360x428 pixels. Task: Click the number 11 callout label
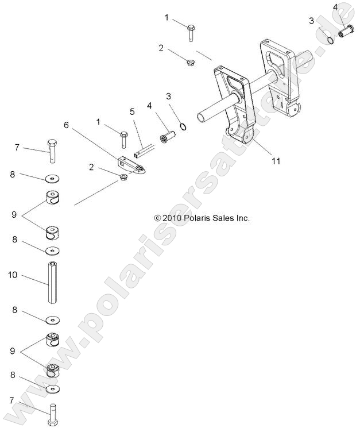276,161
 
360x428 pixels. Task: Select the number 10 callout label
12,276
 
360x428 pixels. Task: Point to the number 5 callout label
131,111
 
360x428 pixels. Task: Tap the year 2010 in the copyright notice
172,218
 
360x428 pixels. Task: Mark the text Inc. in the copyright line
243,218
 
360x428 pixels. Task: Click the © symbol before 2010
157,218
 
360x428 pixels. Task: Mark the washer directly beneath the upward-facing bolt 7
53,178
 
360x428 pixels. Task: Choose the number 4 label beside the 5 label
149,106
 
